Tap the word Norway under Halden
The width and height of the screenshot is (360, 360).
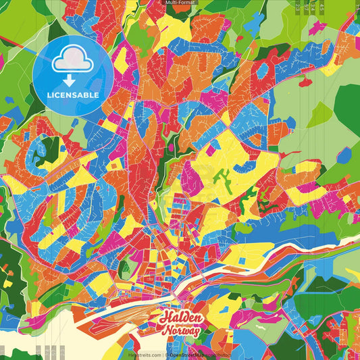pos(180,331)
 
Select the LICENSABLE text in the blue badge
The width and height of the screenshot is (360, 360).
pos(73,95)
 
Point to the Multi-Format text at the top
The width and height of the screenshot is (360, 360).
pos(180,3)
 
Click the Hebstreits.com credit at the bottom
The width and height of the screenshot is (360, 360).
pos(144,354)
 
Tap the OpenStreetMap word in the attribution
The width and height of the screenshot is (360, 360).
pos(188,354)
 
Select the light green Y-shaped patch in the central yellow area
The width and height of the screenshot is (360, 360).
pos(222,179)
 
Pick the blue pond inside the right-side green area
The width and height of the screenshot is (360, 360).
pos(344,156)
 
